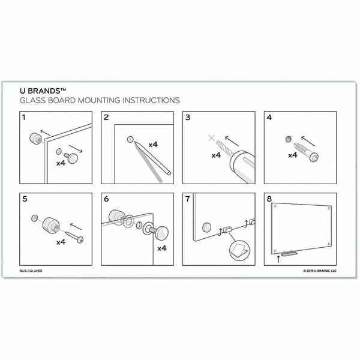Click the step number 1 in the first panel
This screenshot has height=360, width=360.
tap(23, 118)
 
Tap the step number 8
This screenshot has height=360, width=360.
tap(269, 199)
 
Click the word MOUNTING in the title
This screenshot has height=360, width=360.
tap(99, 100)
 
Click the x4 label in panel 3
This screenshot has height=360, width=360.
tap(216, 155)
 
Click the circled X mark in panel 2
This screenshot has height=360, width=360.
tap(130, 139)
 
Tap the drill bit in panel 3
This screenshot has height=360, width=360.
tap(225, 148)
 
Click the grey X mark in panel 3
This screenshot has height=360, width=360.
tap(211, 138)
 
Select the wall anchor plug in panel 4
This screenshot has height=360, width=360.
tap(306, 152)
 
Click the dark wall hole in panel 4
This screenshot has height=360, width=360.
tap(289, 139)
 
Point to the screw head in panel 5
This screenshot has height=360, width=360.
tap(80, 240)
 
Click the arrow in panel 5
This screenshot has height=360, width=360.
tap(76, 227)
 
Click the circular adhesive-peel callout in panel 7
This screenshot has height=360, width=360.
tap(239, 250)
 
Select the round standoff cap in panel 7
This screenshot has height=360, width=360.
tap(206, 227)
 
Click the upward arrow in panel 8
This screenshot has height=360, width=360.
tap(278, 259)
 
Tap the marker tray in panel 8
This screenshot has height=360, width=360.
tap(289, 253)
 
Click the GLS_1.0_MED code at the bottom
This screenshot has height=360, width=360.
tap(31, 271)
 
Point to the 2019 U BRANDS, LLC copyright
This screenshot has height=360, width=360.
tap(320, 271)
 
